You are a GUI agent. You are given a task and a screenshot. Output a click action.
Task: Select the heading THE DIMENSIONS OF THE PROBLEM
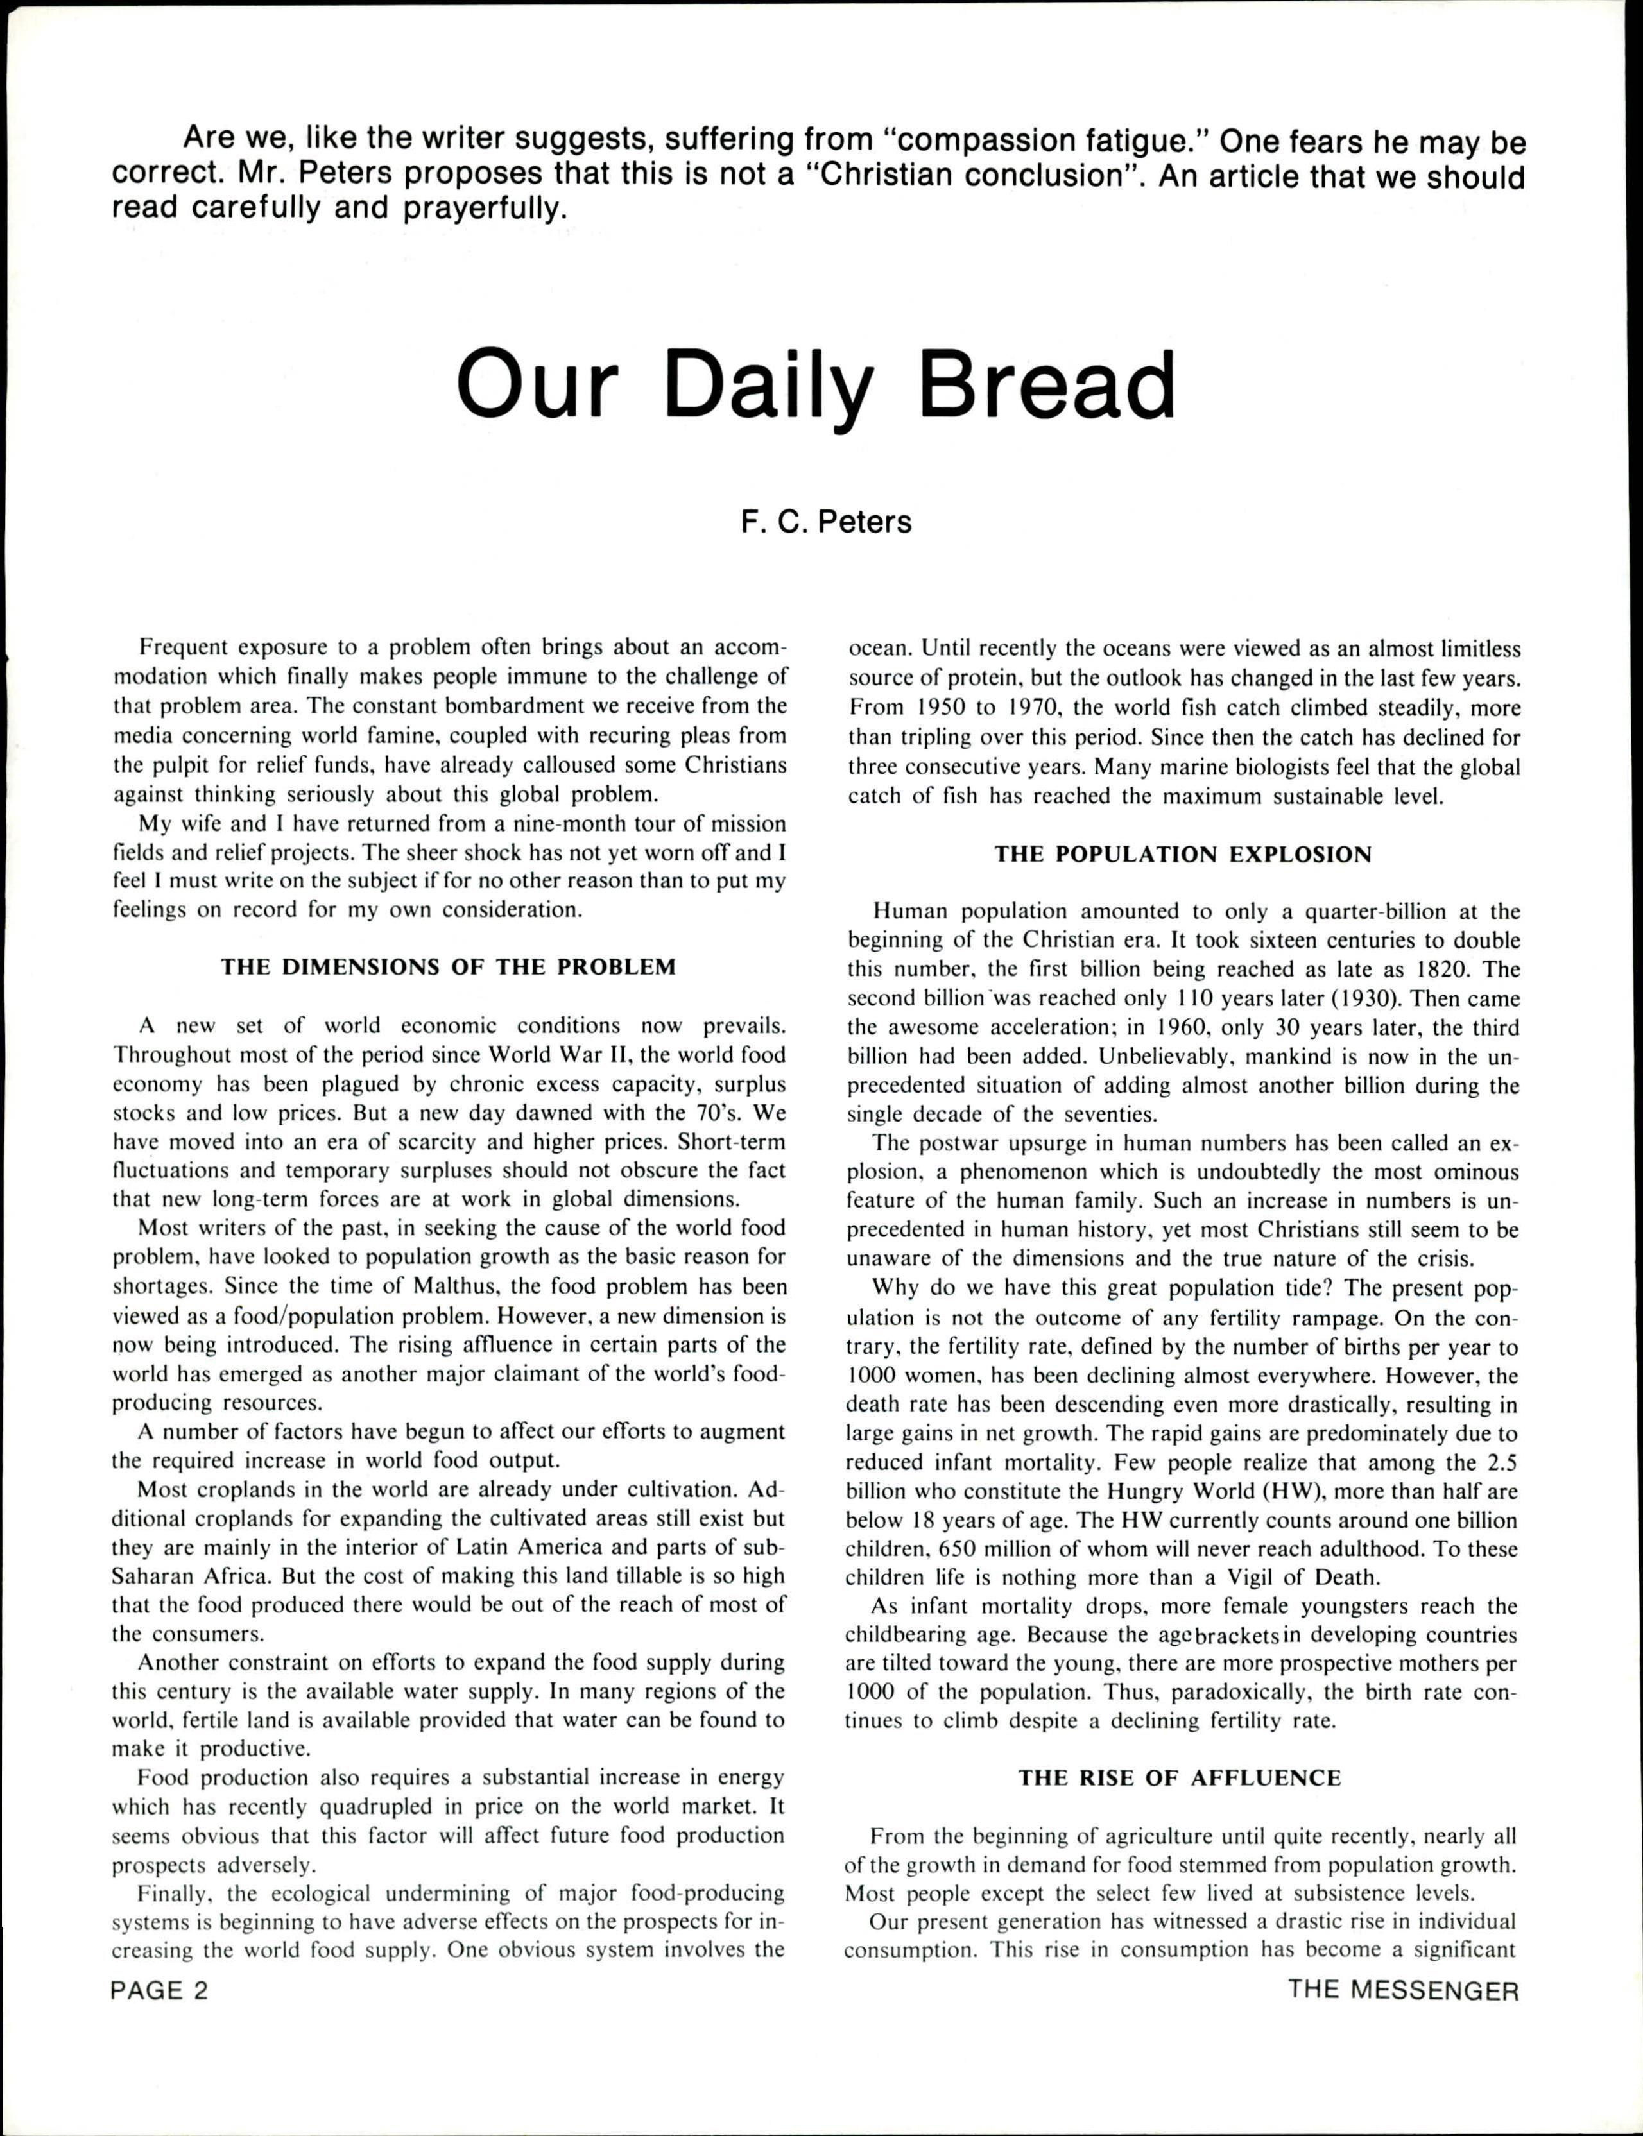pos(448,967)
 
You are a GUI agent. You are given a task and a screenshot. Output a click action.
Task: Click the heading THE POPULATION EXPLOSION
pos(1183,855)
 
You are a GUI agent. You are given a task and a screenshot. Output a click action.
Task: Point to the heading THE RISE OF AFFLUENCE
pos(1180,1778)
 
